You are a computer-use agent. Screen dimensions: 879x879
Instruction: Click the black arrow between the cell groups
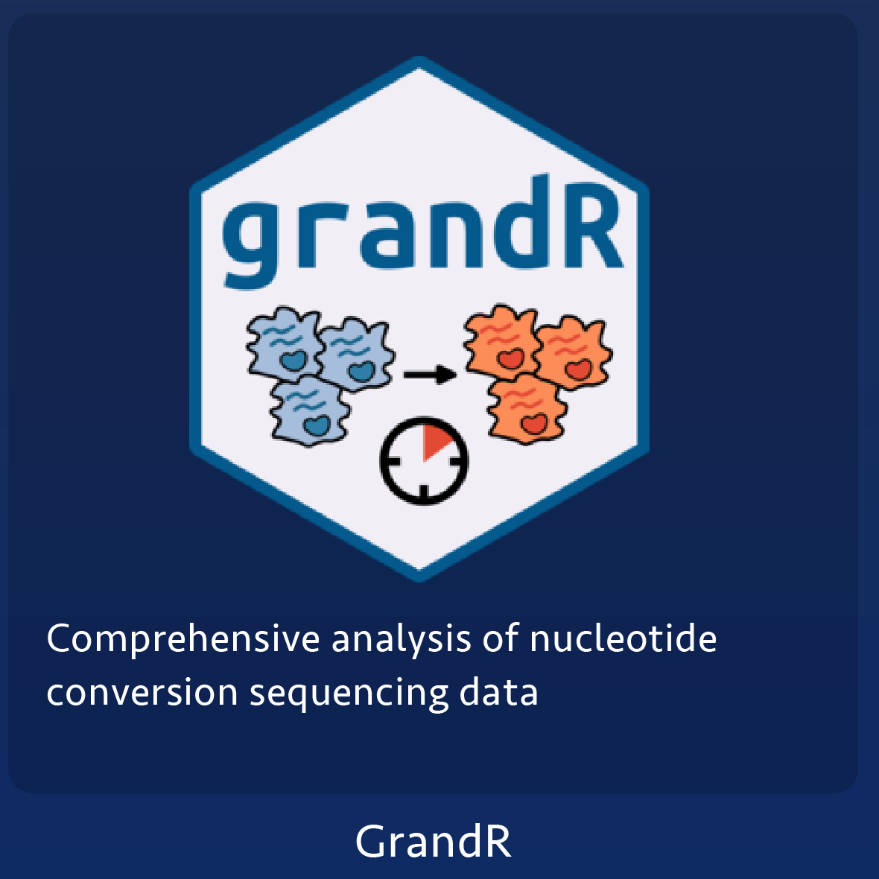point(431,374)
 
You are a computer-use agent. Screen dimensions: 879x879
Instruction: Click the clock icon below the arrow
point(424,460)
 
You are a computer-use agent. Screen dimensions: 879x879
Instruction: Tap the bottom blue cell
point(309,411)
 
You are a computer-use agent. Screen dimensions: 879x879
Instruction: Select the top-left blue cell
point(285,343)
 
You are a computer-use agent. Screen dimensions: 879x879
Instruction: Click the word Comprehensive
point(183,640)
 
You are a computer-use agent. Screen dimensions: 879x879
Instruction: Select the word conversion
point(142,693)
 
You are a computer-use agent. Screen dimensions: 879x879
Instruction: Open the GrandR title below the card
point(434,842)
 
